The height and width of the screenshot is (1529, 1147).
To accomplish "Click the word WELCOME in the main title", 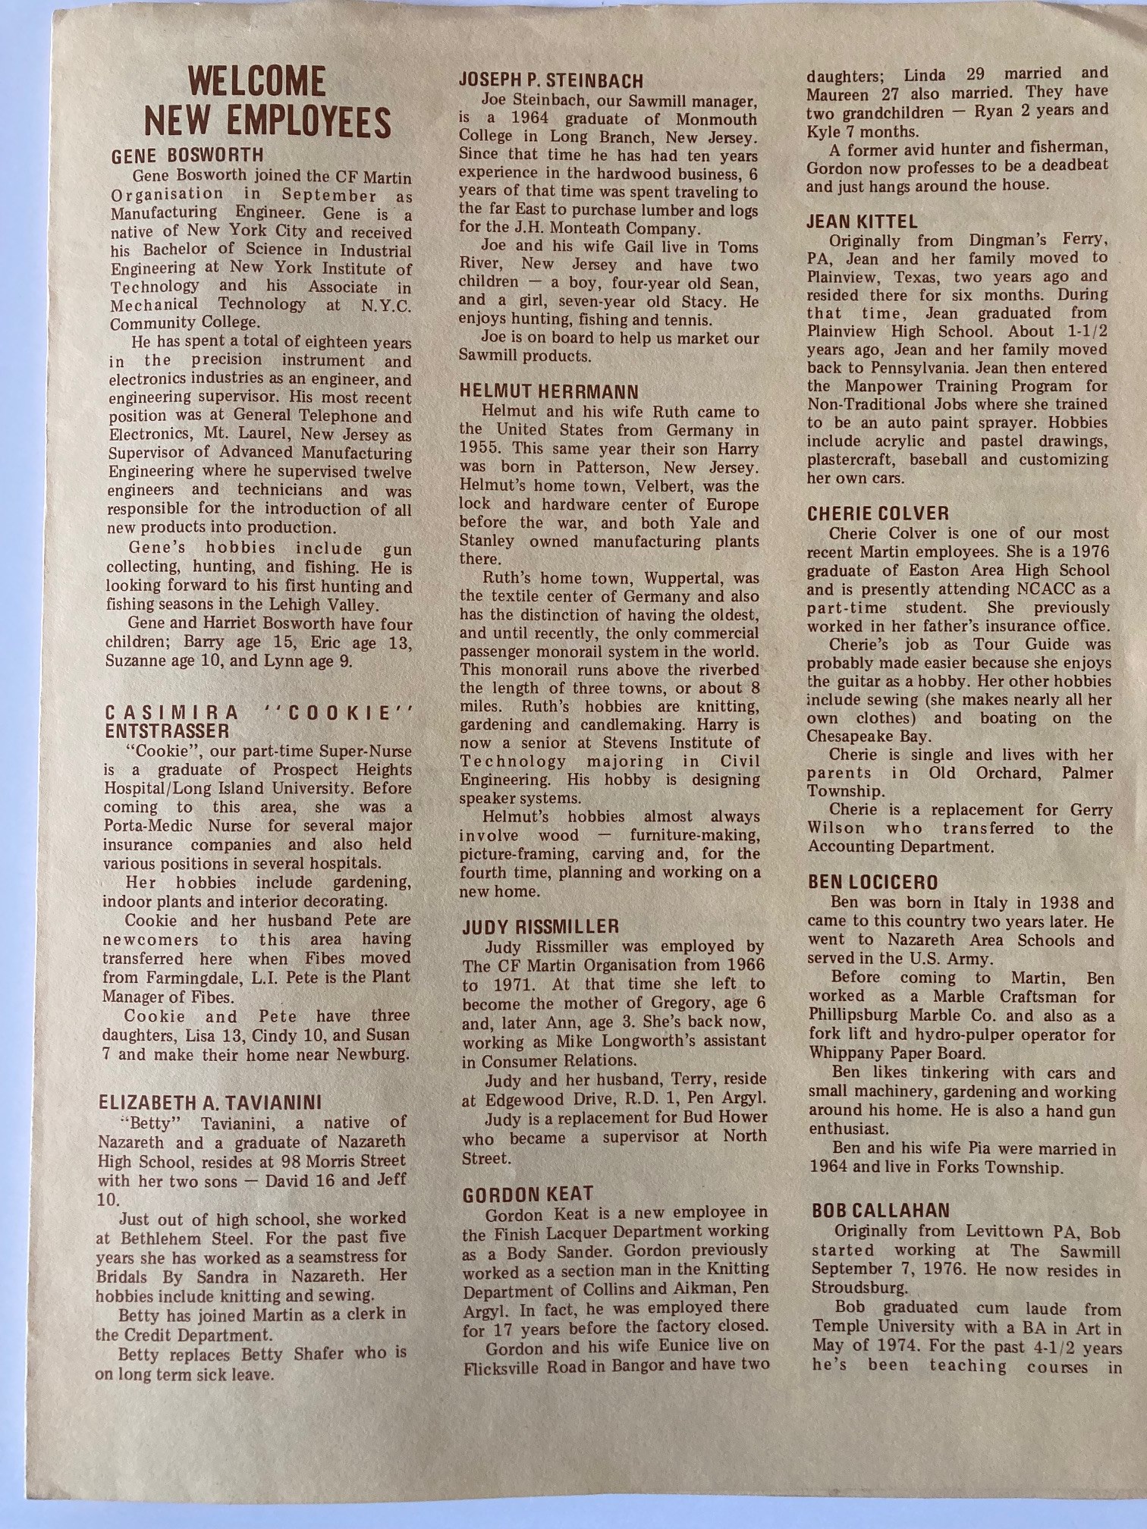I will coord(256,82).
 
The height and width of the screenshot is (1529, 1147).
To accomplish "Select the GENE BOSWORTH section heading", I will coord(187,157).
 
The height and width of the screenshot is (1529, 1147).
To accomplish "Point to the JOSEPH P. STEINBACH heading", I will coord(551,81).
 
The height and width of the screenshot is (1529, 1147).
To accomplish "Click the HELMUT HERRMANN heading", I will coord(549,392).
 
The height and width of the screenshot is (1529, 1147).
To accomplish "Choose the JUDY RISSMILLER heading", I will coord(540,926).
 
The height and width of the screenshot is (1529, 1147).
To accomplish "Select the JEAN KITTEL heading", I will coord(862,222).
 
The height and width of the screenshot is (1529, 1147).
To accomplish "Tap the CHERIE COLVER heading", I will coord(878,514).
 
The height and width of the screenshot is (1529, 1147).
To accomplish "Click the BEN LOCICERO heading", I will coord(872,883).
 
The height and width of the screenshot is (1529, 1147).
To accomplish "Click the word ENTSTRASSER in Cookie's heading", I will coord(166,731).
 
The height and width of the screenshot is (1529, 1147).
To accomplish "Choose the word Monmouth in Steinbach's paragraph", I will coord(716,119).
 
